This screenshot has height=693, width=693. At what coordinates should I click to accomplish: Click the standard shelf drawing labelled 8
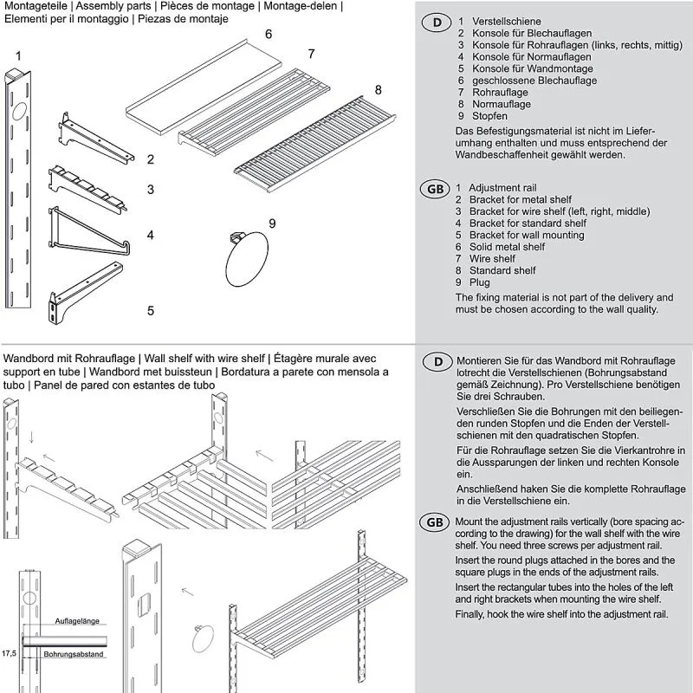[x=316, y=139]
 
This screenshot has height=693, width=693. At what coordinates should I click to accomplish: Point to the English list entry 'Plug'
[x=479, y=282]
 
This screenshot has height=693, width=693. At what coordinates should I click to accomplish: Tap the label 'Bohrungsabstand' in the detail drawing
[x=74, y=654]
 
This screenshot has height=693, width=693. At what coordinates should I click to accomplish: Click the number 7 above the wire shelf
[x=311, y=54]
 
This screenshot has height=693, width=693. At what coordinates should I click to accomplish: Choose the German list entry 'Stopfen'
[x=489, y=116]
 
